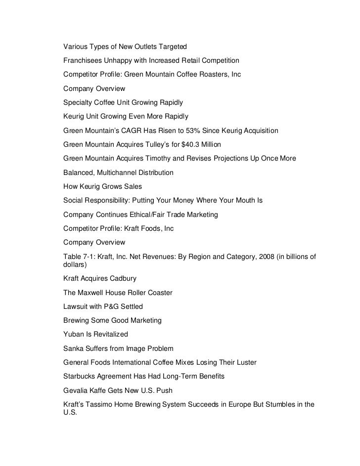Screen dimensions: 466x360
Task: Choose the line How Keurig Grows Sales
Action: (x=102, y=187)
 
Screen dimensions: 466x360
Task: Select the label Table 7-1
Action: (x=78, y=256)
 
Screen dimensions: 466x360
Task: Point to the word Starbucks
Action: (x=80, y=376)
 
